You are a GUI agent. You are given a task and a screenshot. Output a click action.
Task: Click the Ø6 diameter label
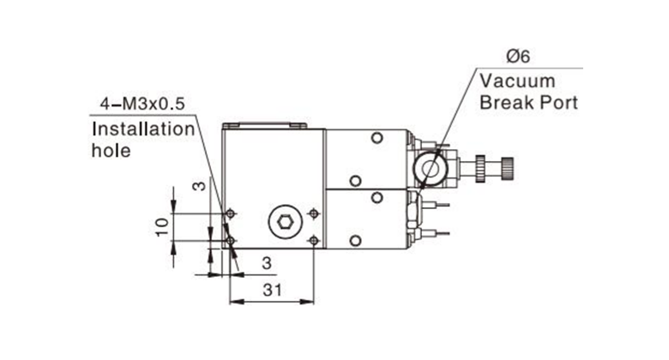pyautogui.click(x=518, y=57)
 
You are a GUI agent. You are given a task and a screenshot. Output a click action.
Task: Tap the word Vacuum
pyautogui.click(x=517, y=81)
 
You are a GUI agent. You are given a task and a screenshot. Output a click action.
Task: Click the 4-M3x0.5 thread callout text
pyautogui.click(x=142, y=104)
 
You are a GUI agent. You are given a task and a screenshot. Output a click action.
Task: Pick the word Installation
pyautogui.click(x=143, y=129)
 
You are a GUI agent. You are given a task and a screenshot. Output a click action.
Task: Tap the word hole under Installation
pyautogui.click(x=111, y=150)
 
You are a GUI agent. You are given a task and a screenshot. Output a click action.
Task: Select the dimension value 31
pyautogui.click(x=272, y=290)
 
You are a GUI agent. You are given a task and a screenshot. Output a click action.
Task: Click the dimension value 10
pyautogui.click(x=162, y=227)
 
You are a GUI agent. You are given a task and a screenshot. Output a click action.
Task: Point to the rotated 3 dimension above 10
pyautogui.click(x=199, y=186)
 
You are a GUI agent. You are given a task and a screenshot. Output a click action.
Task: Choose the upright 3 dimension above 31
pyautogui.click(x=267, y=263)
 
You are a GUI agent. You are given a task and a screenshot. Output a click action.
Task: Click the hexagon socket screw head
pyautogui.click(x=285, y=222)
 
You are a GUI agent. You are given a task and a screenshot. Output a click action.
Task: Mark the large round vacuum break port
pyautogui.click(x=430, y=169)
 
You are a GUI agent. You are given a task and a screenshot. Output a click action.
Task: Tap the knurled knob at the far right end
pyautogui.click(x=507, y=169)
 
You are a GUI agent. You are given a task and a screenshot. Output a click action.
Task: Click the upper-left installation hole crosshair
pyautogui.click(x=231, y=213)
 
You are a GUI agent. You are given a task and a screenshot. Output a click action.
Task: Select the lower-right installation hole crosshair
pyautogui.click(x=314, y=241)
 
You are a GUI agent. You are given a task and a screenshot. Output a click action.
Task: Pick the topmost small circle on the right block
pyautogui.click(x=377, y=138)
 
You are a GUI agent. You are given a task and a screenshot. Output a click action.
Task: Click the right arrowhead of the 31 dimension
pyautogui.click(x=307, y=302)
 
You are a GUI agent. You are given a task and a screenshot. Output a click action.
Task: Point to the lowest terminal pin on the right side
pyautogui.click(x=435, y=233)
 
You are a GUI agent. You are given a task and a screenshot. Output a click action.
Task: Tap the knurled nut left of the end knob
pyautogui.click(x=480, y=169)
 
